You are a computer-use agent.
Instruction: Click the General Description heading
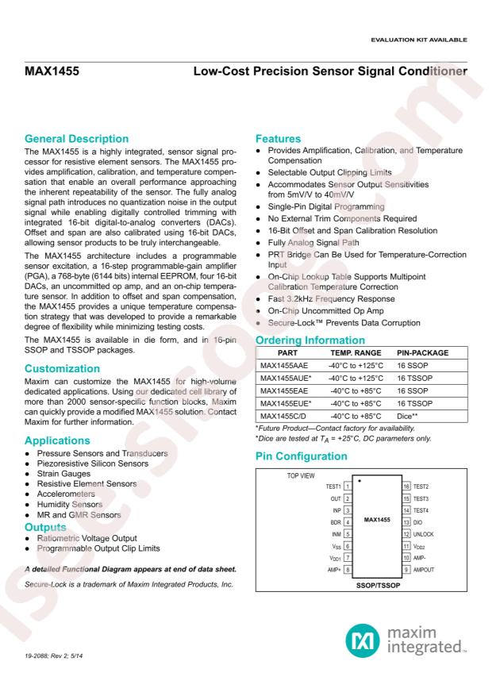click(76, 139)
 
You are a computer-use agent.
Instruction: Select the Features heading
click(279, 139)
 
